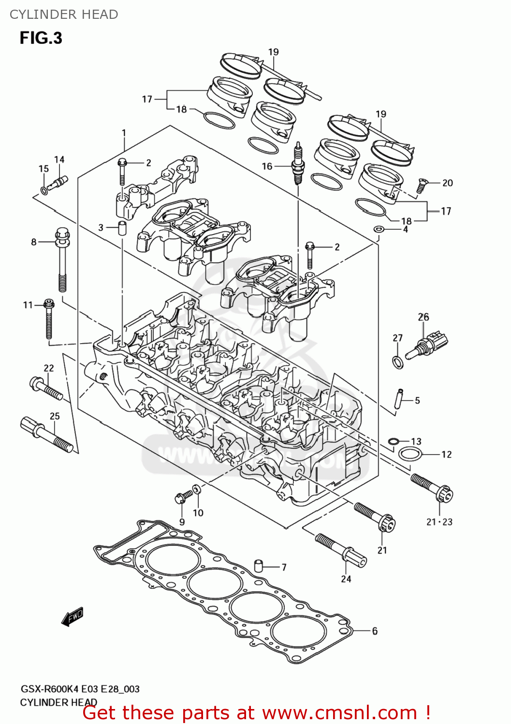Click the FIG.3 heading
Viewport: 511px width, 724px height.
41,38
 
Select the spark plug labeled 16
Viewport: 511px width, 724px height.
298,164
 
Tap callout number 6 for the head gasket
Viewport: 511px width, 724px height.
375,631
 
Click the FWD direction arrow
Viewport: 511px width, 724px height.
73,616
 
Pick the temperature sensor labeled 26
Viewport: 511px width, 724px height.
428,345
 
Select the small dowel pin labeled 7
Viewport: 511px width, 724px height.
259,565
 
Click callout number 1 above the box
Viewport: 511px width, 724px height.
124,133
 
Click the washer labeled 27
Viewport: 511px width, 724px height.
397,362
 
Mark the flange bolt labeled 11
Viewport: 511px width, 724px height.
49,319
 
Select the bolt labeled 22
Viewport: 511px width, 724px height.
46,389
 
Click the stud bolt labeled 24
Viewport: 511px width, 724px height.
341,550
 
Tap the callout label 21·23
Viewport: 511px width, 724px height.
439,522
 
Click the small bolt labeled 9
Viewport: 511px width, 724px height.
181,497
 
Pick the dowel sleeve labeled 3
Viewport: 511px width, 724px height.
122,228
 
